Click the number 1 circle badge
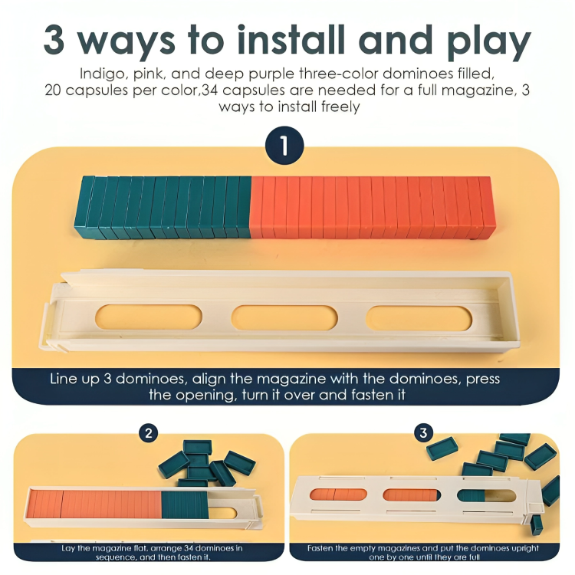tap(284, 146)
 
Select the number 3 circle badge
tap(423, 434)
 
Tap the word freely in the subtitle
tap(337, 107)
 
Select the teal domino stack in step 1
tap(163, 206)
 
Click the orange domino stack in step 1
tap(372, 206)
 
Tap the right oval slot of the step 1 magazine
tap(418, 317)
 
